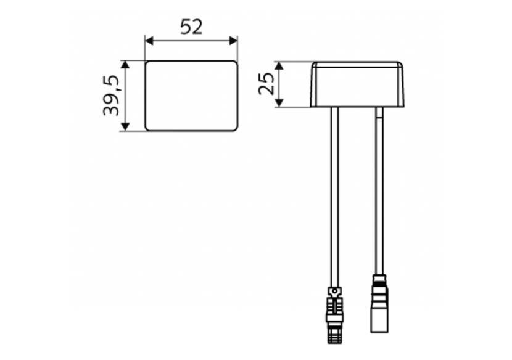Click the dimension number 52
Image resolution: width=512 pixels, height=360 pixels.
tap(191, 27)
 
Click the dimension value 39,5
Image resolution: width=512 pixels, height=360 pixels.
tap(112, 96)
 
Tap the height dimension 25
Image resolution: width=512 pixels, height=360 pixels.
tap(266, 84)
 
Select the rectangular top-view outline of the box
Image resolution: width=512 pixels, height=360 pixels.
tap(191, 96)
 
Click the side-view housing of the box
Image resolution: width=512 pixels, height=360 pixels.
tap(357, 84)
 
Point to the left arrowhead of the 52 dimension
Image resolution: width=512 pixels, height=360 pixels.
tap(149, 41)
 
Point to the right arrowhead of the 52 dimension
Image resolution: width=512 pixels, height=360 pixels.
tap(234, 41)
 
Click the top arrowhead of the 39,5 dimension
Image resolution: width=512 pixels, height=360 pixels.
tap(125, 64)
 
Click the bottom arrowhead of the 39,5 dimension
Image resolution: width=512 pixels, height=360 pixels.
tap(125, 127)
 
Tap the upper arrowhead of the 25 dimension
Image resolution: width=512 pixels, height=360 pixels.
tap(279, 65)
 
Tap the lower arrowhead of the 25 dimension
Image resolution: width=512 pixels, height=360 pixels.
tap(279, 103)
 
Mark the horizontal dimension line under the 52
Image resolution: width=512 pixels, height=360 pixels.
tap(191, 41)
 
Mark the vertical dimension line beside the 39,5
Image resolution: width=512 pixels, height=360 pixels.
tap(125, 96)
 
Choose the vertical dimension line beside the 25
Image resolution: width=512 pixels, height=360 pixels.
tap(279, 84)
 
